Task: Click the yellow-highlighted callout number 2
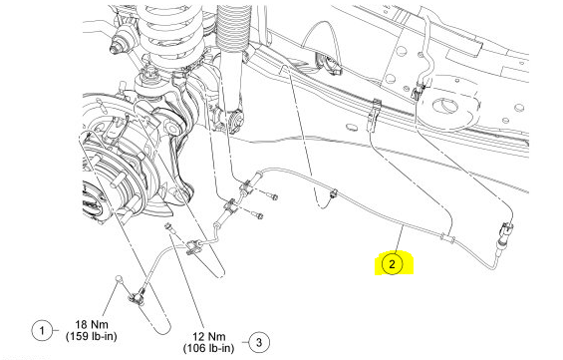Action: pos(392,264)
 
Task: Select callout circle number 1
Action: pos(42,330)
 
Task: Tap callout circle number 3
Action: pos(259,342)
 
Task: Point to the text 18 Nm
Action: pos(92,324)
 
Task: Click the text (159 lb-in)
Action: pos(92,336)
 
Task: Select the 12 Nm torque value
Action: pos(208,337)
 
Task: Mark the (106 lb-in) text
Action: pos(208,348)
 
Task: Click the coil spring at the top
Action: pos(170,31)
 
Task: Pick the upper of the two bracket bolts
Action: pos(272,195)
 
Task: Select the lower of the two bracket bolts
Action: pos(258,215)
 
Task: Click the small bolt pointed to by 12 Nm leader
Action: pos(167,227)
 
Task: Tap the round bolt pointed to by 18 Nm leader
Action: pos(119,278)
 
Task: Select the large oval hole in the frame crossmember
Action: pos(446,106)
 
